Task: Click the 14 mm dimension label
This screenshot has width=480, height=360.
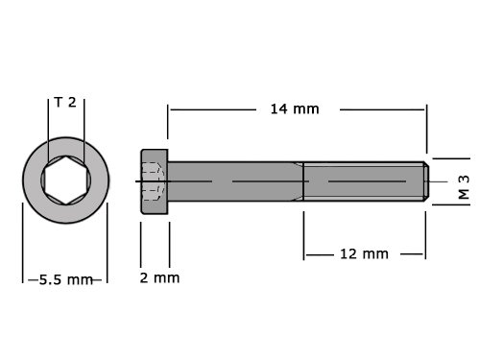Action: pyautogui.click(x=295, y=109)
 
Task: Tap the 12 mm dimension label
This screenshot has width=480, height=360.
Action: pyautogui.click(x=364, y=254)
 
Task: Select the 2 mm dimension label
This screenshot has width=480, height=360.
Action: pyautogui.click(x=159, y=277)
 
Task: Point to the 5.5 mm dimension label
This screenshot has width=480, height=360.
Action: pyautogui.click(x=66, y=280)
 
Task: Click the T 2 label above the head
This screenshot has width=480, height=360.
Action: pyautogui.click(x=65, y=103)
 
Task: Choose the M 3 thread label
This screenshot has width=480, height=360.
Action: pyautogui.click(x=464, y=187)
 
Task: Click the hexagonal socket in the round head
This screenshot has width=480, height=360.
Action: pyautogui.click(x=66, y=180)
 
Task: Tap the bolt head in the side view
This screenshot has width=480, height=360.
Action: pyautogui.click(x=155, y=181)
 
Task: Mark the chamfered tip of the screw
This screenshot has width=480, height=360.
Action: pyautogui.click(x=426, y=181)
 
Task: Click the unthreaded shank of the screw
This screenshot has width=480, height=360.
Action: pyautogui.click(x=235, y=181)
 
